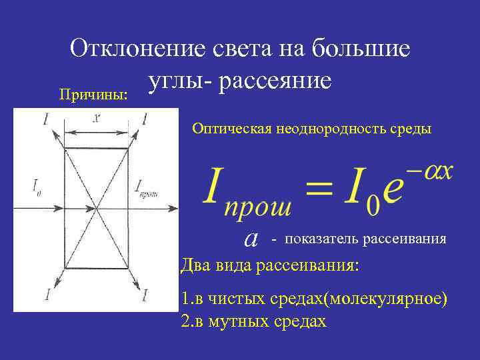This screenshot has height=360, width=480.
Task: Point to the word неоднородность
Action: pos(320,128)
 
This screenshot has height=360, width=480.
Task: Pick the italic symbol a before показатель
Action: pos(251,237)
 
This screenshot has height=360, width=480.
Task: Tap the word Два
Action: pos(195,265)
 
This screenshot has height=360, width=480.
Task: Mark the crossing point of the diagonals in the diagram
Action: pos(97,207)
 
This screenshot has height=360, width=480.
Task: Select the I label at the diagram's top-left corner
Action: pos(27,119)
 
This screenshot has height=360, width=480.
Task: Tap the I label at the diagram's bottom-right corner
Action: pos(144,293)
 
